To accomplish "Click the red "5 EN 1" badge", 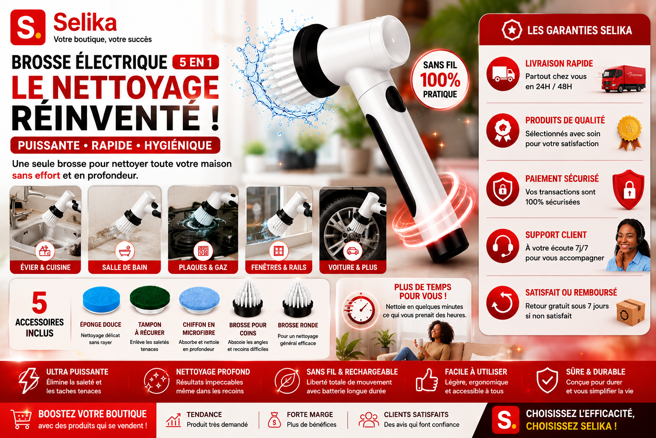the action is tap(196, 62).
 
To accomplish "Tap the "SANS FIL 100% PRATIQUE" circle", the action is tap(439, 80).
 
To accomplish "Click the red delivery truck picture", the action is tap(623, 79).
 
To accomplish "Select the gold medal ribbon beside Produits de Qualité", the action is tap(630, 133).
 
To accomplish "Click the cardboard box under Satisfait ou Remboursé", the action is tap(630, 312).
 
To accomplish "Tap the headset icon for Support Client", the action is tap(503, 246).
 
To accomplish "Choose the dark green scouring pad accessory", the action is tap(149, 300).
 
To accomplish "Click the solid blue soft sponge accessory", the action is tap(101, 300).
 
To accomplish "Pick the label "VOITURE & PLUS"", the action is tap(353, 267).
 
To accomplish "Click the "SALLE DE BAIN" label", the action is tap(124, 267).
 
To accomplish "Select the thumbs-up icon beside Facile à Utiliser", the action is tap(426, 381).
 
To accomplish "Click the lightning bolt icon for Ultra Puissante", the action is tap(29, 381).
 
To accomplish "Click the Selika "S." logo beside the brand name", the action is tap(28, 27).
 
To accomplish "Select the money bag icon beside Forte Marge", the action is tap(275, 420).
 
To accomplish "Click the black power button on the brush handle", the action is tap(395, 99).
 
